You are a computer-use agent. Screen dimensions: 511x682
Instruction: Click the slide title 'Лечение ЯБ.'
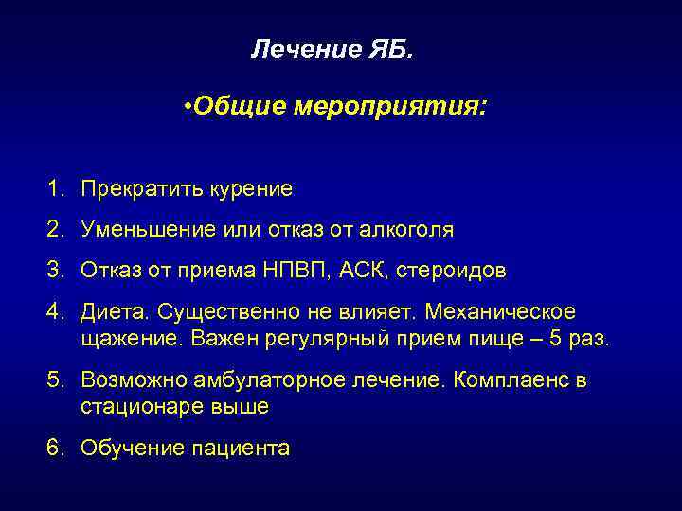click(332, 49)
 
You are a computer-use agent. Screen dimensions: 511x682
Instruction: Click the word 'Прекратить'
click(136, 189)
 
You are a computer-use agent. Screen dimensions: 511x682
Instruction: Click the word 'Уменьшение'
click(145, 230)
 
